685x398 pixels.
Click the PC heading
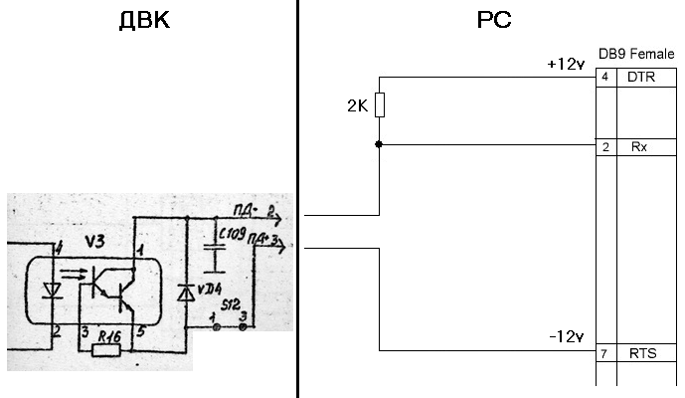click(x=494, y=20)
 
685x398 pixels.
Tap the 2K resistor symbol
click(x=379, y=104)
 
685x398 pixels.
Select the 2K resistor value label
click(x=358, y=105)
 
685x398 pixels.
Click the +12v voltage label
click(x=565, y=64)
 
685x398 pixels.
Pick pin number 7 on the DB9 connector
click(x=604, y=354)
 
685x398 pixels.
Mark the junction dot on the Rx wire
click(x=379, y=145)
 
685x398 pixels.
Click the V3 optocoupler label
click(x=95, y=242)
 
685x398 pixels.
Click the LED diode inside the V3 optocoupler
click(x=53, y=290)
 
